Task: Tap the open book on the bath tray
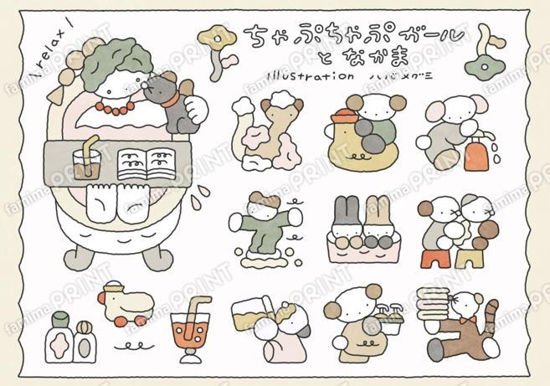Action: [147, 162]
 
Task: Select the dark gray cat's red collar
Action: [171, 97]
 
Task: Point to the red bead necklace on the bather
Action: [112, 107]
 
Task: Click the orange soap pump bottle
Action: [476, 154]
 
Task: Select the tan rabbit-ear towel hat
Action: [374, 213]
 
